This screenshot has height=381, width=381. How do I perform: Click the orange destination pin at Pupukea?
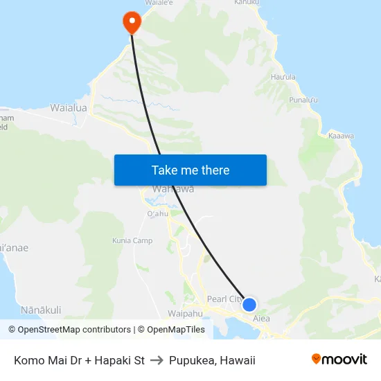point(131,21)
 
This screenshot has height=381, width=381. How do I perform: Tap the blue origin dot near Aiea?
point(249,305)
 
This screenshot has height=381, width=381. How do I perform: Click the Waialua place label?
point(69,108)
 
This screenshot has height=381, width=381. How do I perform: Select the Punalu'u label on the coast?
point(303,100)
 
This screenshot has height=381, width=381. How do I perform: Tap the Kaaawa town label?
point(341,136)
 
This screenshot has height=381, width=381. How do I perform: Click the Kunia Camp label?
point(132,241)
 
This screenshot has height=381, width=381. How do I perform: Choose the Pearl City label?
point(224,300)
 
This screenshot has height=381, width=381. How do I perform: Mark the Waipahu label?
point(184,313)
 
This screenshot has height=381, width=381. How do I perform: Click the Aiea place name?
point(261,319)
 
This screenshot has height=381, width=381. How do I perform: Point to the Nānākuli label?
point(41,310)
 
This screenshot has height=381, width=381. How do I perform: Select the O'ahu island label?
point(158,213)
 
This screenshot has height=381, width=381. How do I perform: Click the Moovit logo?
point(339,360)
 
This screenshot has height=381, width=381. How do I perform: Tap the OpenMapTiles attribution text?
point(172,330)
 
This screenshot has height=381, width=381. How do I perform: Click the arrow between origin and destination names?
point(156,360)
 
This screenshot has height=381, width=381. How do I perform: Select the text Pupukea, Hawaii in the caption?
point(212,360)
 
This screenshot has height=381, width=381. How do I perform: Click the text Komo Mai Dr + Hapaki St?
point(79,360)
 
